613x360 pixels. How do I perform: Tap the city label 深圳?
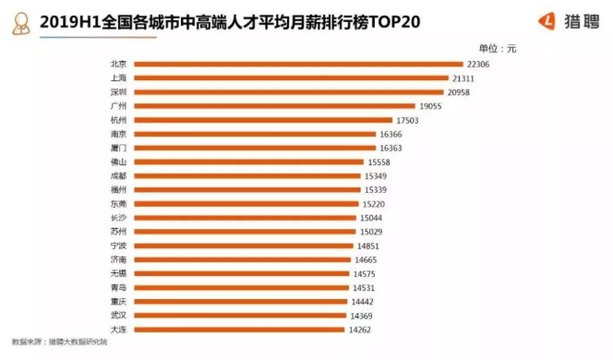pos(117,92)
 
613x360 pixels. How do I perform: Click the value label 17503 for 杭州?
pos(407,120)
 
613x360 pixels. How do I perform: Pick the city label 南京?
pos(117,134)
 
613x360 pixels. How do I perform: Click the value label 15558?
pos(379,162)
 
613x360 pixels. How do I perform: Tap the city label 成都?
pos(117,175)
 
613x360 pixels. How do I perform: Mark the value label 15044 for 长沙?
pos(373,218)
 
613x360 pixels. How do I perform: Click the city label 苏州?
pos(117,232)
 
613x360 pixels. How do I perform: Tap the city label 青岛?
pos(117,288)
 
